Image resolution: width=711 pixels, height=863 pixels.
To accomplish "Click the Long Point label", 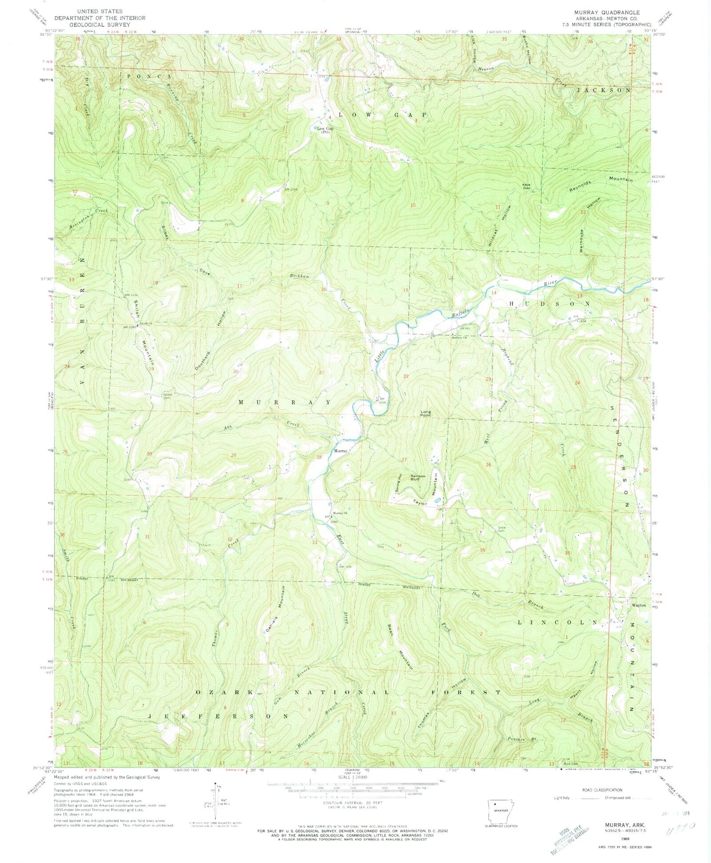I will click(x=425, y=414).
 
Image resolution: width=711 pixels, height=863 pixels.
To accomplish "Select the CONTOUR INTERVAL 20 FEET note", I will click(x=353, y=803).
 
